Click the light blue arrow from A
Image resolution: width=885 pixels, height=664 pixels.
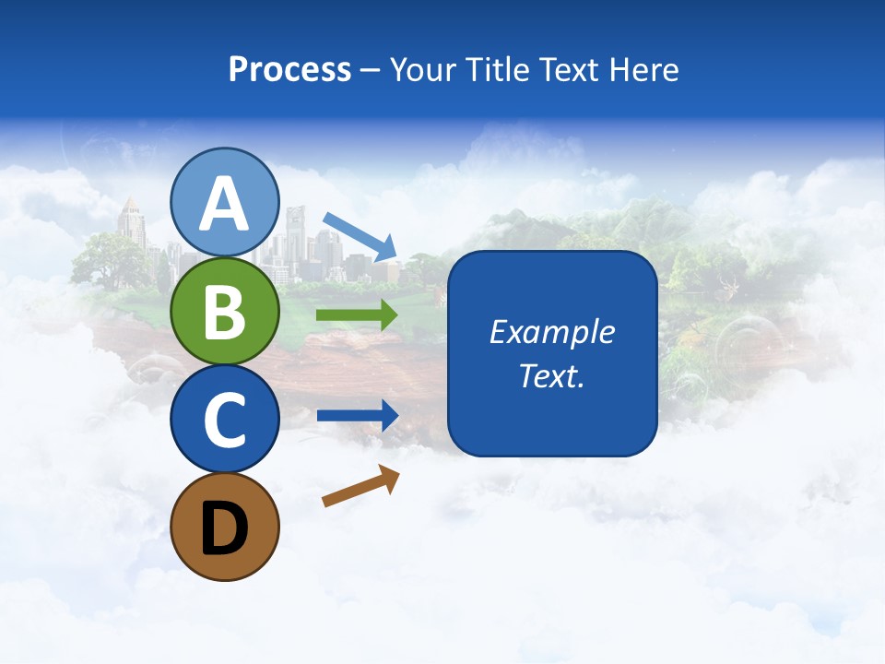coord(360,235)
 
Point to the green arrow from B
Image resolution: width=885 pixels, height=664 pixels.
coord(357,315)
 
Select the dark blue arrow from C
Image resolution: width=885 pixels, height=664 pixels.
coord(357,415)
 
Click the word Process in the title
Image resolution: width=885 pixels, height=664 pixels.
coord(289,70)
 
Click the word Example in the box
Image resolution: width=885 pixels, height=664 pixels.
coord(552,332)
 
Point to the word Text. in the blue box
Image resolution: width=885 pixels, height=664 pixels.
coord(552,376)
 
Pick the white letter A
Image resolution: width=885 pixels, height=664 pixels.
coord(225,205)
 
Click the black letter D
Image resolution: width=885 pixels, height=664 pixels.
coord(225,531)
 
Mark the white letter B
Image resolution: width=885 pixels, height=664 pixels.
coord(225,312)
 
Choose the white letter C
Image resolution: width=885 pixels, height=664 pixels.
coord(225,420)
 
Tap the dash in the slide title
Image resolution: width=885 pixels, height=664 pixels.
coord(371,71)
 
